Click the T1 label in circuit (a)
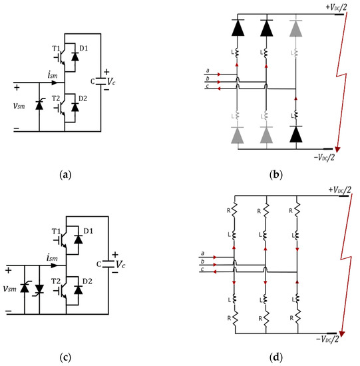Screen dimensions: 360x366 [56, 49]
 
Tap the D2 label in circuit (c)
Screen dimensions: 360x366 [87, 281]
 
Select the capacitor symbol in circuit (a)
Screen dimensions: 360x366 [101, 81]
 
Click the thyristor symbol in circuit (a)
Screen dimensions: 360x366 [39, 105]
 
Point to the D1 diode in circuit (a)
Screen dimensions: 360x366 [75, 57]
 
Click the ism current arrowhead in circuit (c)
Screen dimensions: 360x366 [55, 266]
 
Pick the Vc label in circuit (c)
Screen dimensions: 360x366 [120, 265]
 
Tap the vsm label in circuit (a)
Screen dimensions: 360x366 [19, 106]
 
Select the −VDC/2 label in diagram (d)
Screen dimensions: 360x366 [327, 339]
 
